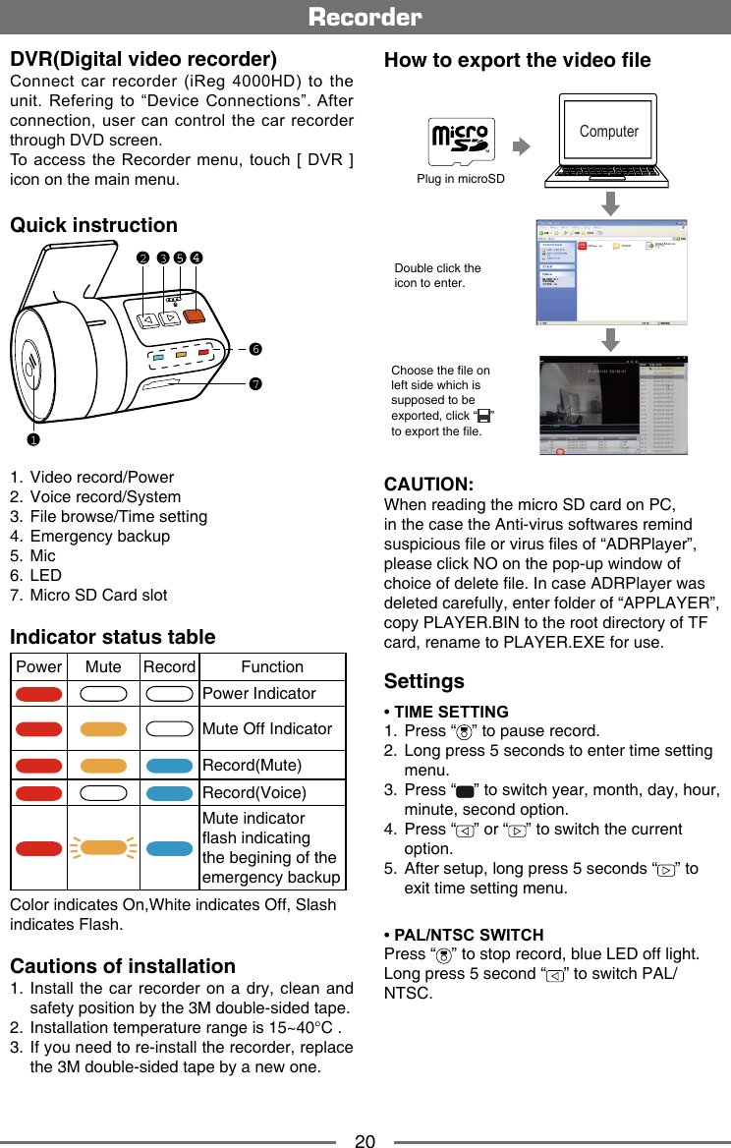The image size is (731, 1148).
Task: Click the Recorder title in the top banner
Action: point(365,17)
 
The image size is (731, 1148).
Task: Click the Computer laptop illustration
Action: point(610,142)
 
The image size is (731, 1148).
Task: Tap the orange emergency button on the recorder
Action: point(194,316)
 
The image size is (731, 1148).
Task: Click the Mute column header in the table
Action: point(103,666)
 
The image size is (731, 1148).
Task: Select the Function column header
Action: point(272,666)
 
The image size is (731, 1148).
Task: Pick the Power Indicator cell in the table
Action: point(259,693)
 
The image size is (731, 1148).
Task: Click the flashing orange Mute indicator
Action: point(103,847)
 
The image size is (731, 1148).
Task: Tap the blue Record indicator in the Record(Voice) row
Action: point(169,792)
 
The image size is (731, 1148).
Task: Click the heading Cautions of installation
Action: point(123,966)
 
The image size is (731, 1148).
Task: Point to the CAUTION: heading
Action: point(429,485)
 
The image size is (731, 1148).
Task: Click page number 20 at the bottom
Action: point(365,1141)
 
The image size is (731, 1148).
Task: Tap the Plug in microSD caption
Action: point(460,180)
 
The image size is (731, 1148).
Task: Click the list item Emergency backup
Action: point(99,536)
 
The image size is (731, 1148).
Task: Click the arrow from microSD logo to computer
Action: point(521,145)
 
